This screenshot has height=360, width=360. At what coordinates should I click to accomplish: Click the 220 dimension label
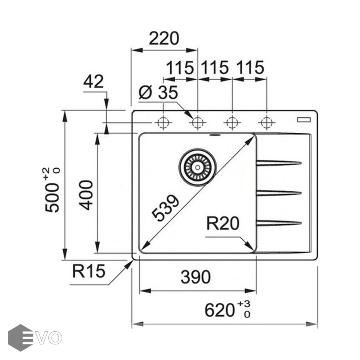pos(164,39)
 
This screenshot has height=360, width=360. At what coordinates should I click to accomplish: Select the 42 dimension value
pos(94,82)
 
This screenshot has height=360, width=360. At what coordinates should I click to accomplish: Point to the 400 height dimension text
pos(86,195)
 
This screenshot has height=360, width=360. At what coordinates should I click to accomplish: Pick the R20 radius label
pos(223,223)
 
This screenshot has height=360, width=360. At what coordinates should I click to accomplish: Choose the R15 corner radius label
pos(89,272)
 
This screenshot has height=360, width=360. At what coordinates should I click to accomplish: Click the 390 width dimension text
pos(196,277)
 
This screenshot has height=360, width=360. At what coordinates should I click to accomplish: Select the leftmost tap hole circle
pos(163,122)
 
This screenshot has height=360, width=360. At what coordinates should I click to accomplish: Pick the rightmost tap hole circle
pos(266,122)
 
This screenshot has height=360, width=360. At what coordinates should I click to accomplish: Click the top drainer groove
pos(278,163)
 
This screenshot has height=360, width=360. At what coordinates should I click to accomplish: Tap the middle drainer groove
pos(278,193)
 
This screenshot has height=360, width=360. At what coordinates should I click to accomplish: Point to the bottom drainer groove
pos(278,223)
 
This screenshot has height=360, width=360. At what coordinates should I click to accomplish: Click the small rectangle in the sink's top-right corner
pos(303,119)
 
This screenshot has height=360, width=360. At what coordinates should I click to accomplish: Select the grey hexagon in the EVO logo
pos(20,338)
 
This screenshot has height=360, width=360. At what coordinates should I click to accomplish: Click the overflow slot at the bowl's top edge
pos(215,135)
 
